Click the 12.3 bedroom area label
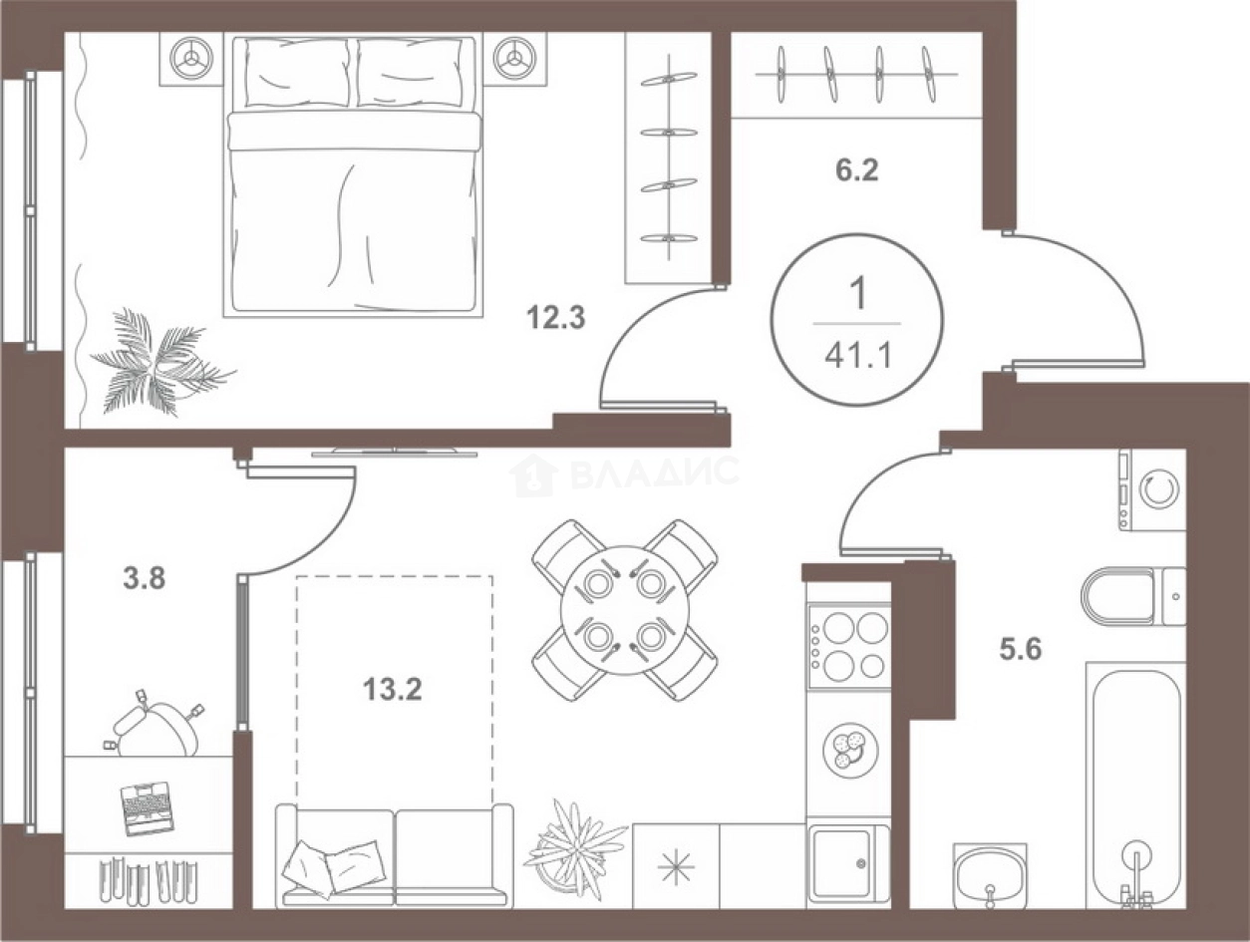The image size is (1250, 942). [556, 318]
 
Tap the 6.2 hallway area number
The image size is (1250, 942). [857, 169]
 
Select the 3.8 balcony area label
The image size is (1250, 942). [145, 578]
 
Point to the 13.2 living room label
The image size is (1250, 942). [393, 690]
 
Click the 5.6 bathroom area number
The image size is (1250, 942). [1021, 649]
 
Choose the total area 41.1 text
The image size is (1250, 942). [857, 357]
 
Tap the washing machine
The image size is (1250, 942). [1152, 490]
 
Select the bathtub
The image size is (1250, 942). [1136, 784]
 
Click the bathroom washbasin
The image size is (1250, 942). [990, 876]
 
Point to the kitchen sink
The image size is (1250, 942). [848, 864]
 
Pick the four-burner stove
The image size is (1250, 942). [848, 647]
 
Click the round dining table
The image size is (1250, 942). [625, 610]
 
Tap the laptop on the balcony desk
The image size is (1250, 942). [147, 808]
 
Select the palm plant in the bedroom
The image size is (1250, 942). [159, 363]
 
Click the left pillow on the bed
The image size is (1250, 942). [297, 73]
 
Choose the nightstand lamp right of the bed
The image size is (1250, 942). [514, 58]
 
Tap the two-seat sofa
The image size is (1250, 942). [394, 855]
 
